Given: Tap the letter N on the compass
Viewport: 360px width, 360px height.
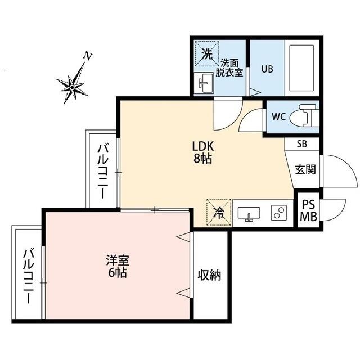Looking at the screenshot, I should pyautogui.click(x=87, y=56).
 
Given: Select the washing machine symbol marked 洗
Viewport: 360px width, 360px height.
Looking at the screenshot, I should pyautogui.click(x=207, y=55).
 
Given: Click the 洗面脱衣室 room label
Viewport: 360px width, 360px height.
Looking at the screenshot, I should pyautogui.click(x=231, y=67).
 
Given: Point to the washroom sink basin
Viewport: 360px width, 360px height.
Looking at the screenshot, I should pyautogui.click(x=205, y=84).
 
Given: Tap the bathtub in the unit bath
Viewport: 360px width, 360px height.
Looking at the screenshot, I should pyautogui.click(x=301, y=68).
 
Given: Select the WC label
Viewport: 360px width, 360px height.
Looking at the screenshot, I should pyautogui.click(x=279, y=117).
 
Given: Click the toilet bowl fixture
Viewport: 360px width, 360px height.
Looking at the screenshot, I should pyautogui.click(x=307, y=116).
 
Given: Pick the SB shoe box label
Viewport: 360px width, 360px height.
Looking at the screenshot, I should pyautogui.click(x=302, y=144).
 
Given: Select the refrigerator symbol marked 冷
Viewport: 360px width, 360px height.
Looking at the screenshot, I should pyautogui.click(x=218, y=212).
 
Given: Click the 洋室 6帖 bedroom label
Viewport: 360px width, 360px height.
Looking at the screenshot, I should pyautogui.click(x=118, y=267).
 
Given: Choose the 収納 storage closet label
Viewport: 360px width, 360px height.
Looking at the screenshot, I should pyautogui.click(x=209, y=275).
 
